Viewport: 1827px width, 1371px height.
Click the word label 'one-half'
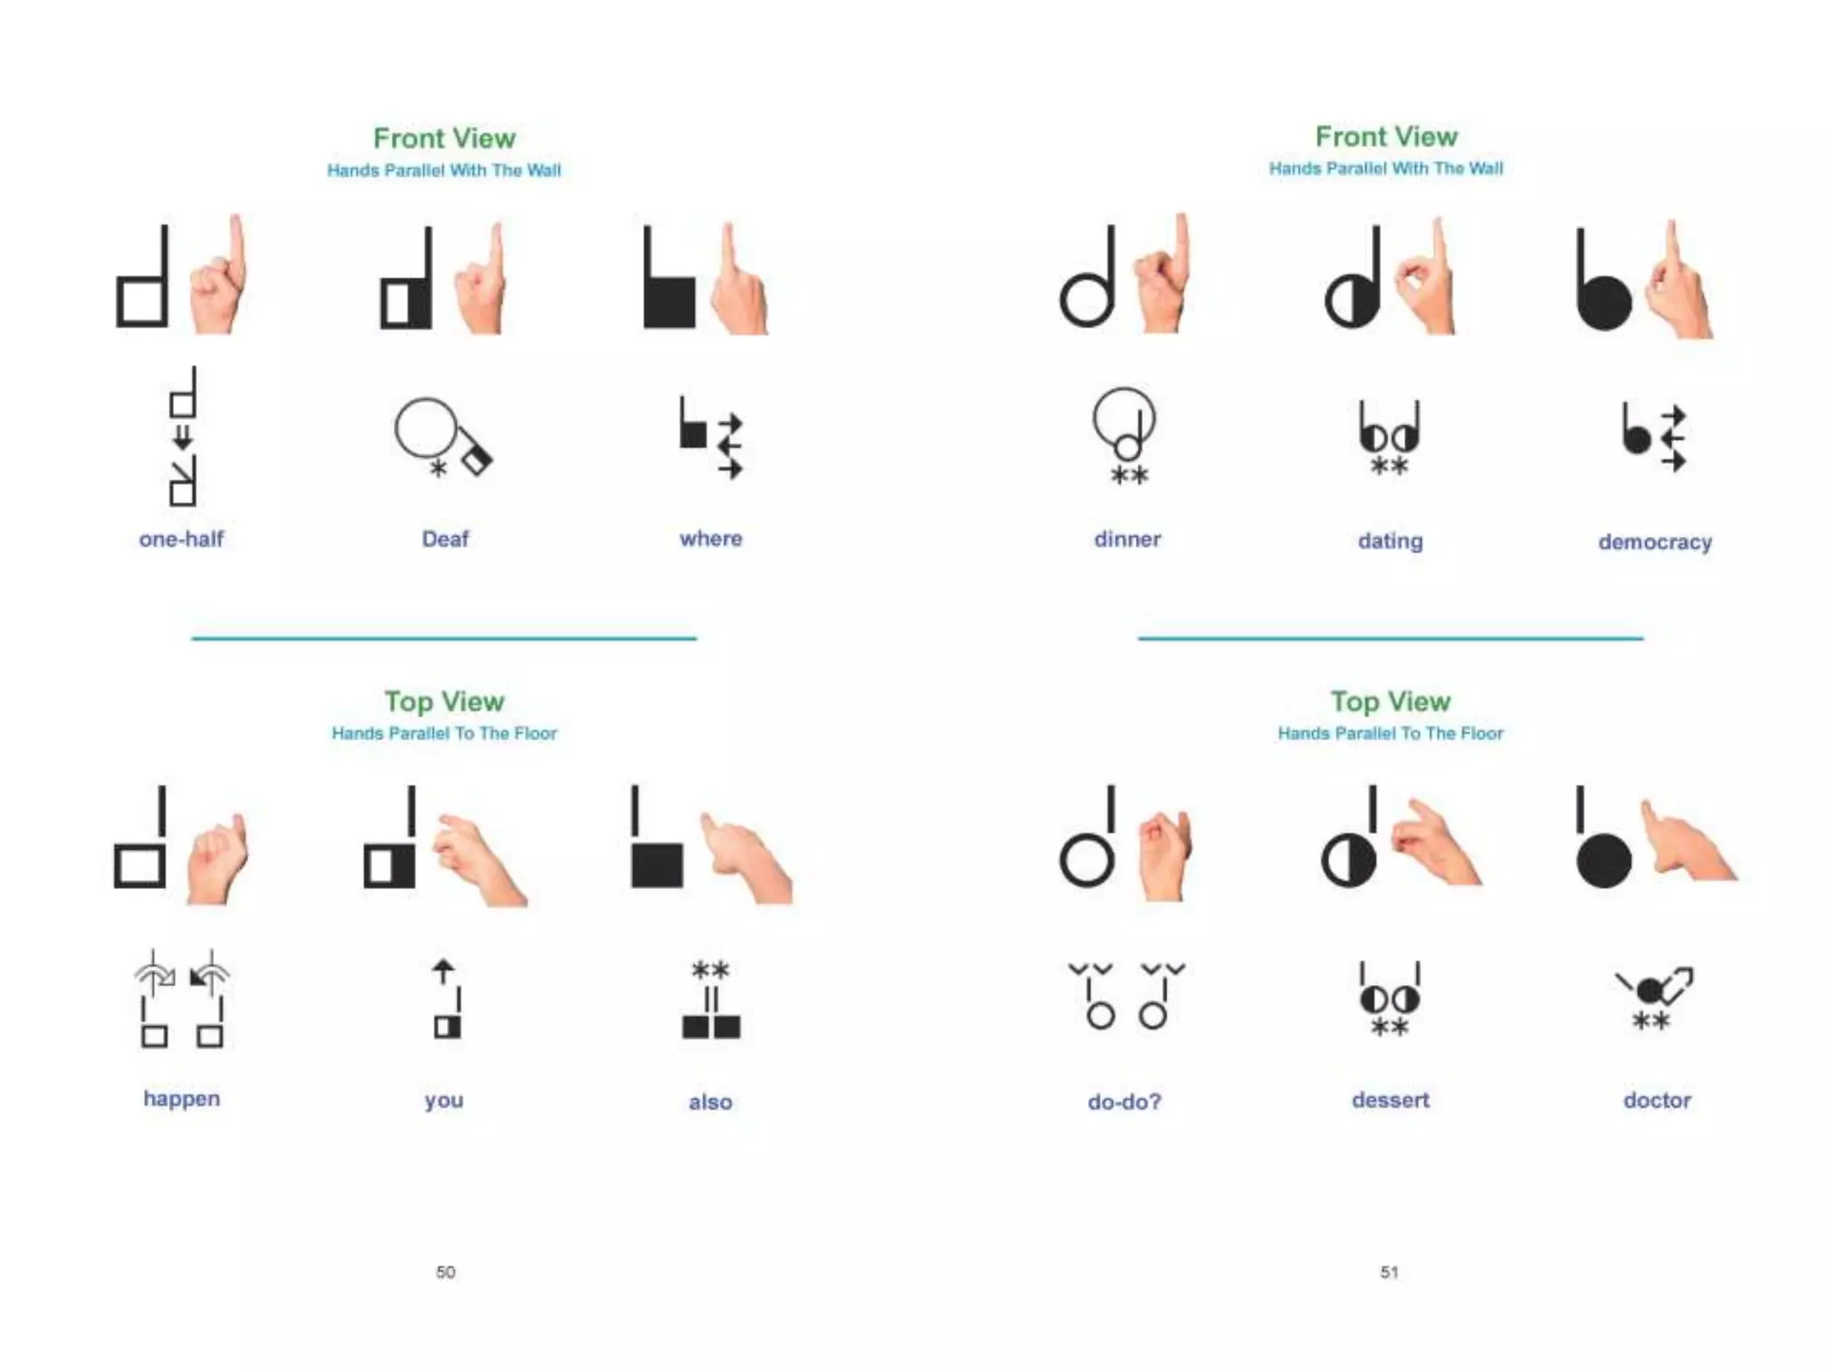181,539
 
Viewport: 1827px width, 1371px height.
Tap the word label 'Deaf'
445,539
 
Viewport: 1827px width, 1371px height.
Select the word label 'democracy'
1655,542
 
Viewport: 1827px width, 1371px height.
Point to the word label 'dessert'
1390,1100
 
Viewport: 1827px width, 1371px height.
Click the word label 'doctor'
1657,1100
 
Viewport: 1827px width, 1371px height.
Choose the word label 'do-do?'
1124,1101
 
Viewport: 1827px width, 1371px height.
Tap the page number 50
445,1272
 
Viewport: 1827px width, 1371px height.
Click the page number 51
1389,1272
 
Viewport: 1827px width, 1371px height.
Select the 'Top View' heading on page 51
1390,702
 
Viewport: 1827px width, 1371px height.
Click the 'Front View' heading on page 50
444,138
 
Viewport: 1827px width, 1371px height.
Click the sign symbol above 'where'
711,437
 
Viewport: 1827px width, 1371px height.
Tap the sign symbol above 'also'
711,1000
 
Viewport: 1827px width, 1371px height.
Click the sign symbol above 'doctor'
1653,998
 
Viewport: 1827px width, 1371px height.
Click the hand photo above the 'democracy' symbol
1679,282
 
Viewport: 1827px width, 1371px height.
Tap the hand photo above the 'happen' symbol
217,857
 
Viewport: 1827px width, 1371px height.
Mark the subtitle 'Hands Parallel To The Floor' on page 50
444,734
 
